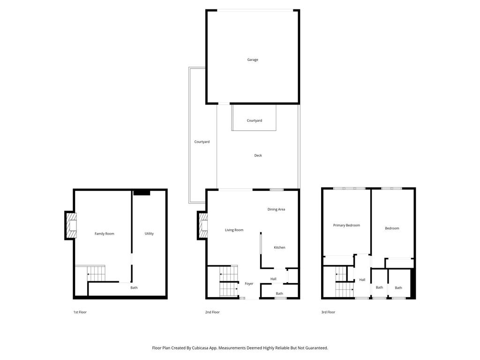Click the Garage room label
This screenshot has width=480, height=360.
click(x=253, y=60)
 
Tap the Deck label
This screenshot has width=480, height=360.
click(x=258, y=155)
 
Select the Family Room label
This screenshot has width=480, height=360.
click(x=104, y=233)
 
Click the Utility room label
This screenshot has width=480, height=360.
click(x=149, y=233)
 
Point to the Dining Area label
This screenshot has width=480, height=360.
click(x=276, y=209)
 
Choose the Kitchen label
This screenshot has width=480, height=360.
click(x=279, y=247)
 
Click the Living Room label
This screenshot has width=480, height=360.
click(x=234, y=230)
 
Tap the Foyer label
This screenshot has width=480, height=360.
click(x=249, y=284)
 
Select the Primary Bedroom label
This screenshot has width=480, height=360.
click(x=346, y=225)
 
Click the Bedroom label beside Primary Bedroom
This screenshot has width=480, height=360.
click(x=392, y=228)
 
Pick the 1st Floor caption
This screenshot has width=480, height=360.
click(x=80, y=312)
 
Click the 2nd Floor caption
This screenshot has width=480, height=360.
click(x=213, y=312)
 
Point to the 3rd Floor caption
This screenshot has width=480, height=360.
click(x=328, y=312)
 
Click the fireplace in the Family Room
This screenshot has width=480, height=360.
click(x=71, y=225)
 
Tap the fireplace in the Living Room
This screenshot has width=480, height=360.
click(x=203, y=225)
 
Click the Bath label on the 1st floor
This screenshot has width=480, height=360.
click(x=134, y=288)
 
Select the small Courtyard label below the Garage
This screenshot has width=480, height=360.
click(x=255, y=120)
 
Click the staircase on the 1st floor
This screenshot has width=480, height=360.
click(x=96, y=273)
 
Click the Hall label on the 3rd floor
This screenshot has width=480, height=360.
click(x=362, y=280)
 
